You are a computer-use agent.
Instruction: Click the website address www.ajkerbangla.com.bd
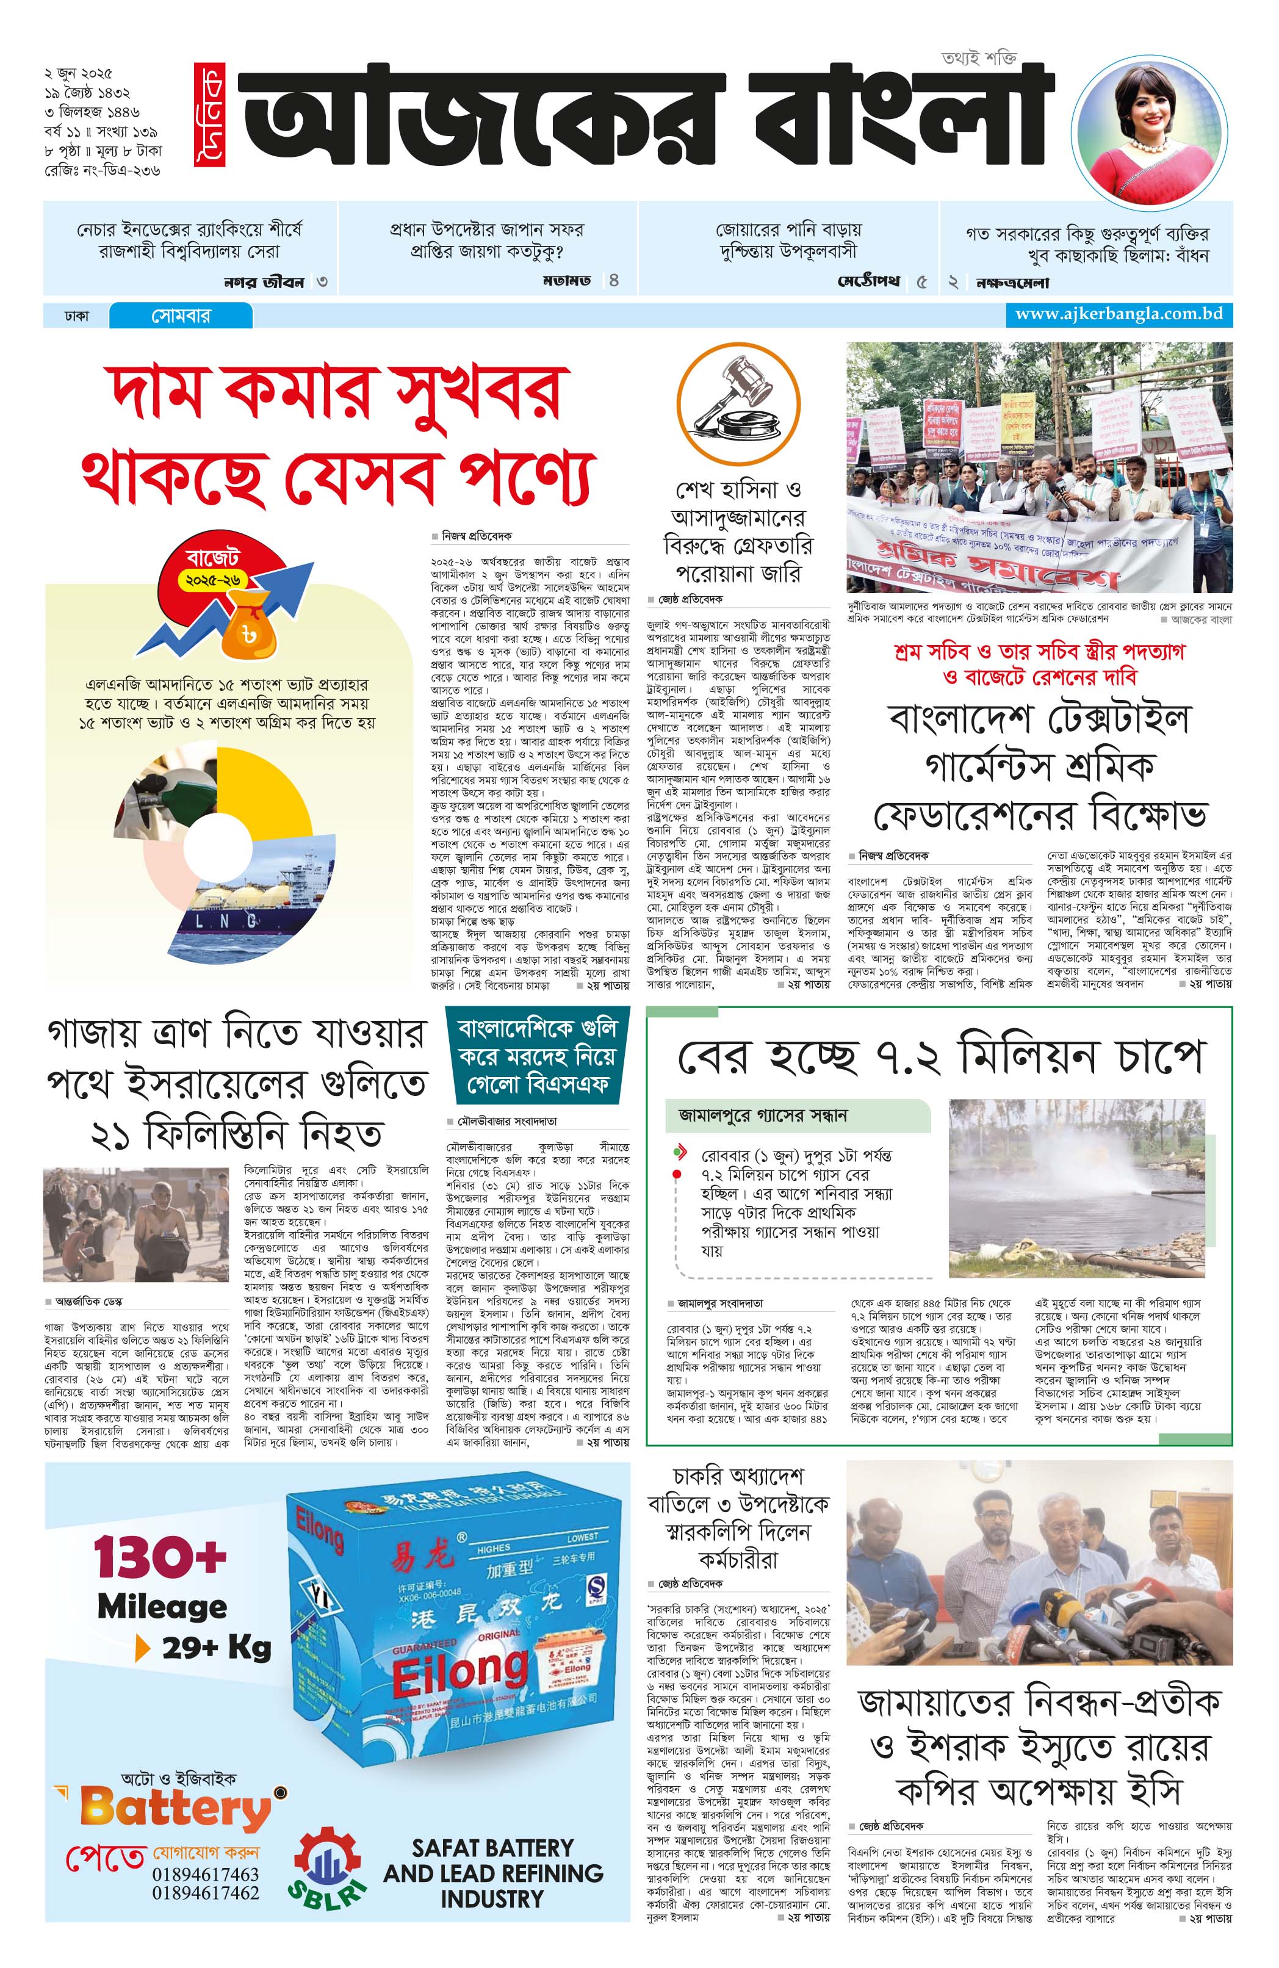1118,314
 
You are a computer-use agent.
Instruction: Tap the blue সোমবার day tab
180,316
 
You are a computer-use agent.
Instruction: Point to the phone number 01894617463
205,1874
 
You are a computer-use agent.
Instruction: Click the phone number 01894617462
205,1893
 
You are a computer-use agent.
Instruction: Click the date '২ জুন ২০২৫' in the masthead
79,73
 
